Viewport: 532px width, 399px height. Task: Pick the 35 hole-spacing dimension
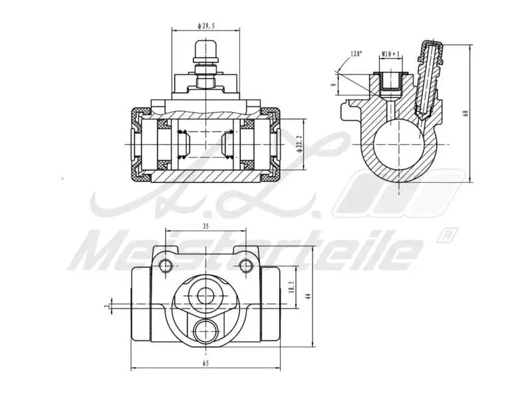(x=205, y=227)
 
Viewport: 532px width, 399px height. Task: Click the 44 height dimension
(x=308, y=297)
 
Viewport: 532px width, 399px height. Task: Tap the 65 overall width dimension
(x=205, y=364)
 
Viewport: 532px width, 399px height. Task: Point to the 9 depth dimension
(x=334, y=84)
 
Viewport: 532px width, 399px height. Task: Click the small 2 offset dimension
(x=106, y=306)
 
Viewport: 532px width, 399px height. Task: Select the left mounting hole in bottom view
(x=166, y=266)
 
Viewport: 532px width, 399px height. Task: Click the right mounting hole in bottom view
(x=246, y=266)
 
